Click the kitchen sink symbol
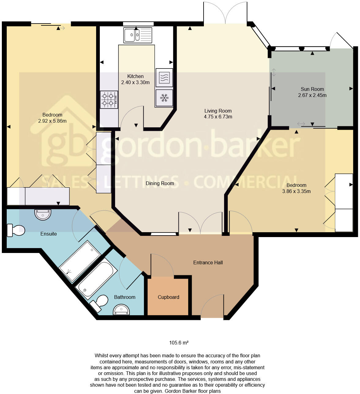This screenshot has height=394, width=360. pyautogui.click(x=138, y=35)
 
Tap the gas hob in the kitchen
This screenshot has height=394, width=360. pyautogui.click(x=109, y=99)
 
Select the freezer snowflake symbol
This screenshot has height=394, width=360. pyautogui.click(x=164, y=98)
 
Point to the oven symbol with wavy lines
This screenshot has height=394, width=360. pyautogui.click(x=164, y=77)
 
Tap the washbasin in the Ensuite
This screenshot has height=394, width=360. pyautogui.click(x=43, y=215)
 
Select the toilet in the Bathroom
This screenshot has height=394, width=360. pyautogui.click(x=99, y=303)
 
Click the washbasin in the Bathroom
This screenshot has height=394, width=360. pyautogui.click(x=122, y=310)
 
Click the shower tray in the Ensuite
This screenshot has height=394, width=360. pyautogui.click(x=80, y=261)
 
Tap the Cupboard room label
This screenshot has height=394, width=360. pyautogui.click(x=168, y=297)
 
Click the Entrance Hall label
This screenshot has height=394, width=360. pyautogui.click(x=208, y=262)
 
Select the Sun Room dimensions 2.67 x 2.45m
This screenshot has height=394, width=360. pyautogui.click(x=312, y=95)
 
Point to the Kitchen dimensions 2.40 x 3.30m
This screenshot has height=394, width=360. pyautogui.click(x=135, y=82)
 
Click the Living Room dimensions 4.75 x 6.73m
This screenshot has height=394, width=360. pyautogui.click(x=218, y=117)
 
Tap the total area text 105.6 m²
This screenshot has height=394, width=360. pyautogui.click(x=179, y=343)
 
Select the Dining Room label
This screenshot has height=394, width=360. pyautogui.click(x=160, y=183)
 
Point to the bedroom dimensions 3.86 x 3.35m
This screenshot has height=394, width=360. pyautogui.click(x=296, y=191)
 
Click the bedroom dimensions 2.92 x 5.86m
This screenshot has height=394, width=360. pyautogui.click(x=52, y=121)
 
